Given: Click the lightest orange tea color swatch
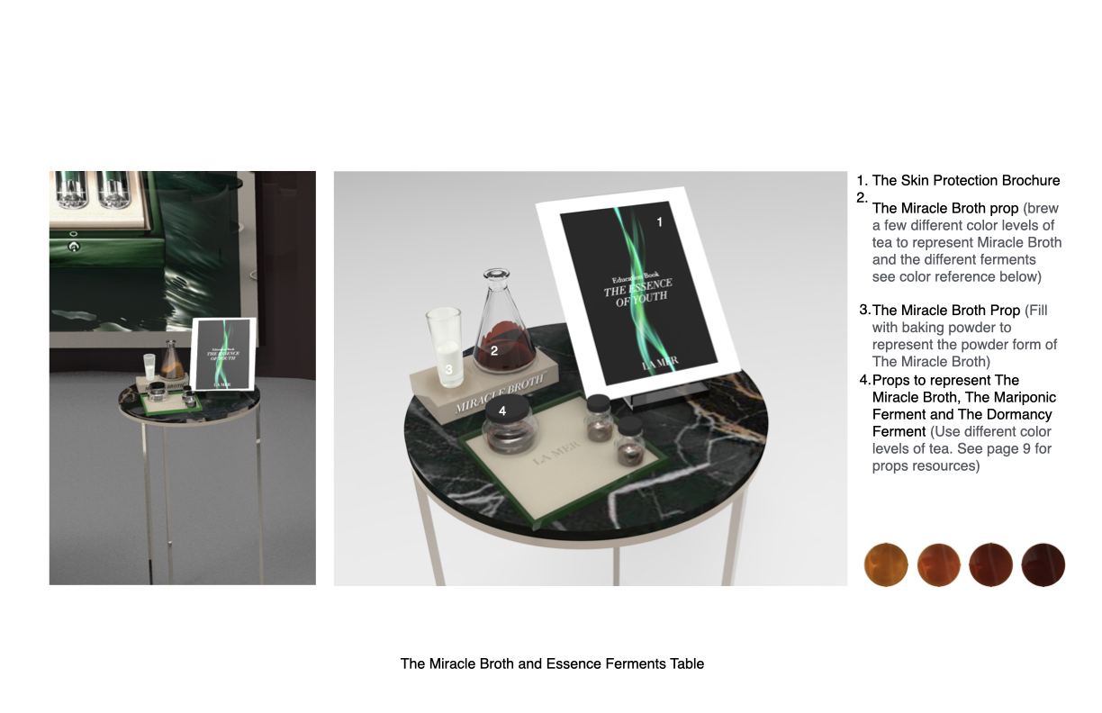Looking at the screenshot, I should pyautogui.click(x=886, y=565).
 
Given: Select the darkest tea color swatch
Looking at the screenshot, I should pyautogui.click(x=1043, y=565).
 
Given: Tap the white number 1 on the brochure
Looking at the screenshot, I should pyautogui.click(x=660, y=221).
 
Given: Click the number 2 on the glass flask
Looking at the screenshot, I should pyautogui.click(x=493, y=350).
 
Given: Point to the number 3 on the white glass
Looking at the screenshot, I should pyautogui.click(x=448, y=368).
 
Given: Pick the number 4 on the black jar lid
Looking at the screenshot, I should pyautogui.click(x=502, y=411).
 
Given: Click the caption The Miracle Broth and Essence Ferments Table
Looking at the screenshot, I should pyautogui.click(x=552, y=663).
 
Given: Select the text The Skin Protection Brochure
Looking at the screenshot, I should pyautogui.click(x=966, y=181).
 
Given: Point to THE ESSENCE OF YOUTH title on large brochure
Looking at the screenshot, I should pyautogui.click(x=637, y=293).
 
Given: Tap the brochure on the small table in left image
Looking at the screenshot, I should pyautogui.click(x=225, y=353).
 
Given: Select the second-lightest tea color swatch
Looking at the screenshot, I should pyautogui.click(x=939, y=565).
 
